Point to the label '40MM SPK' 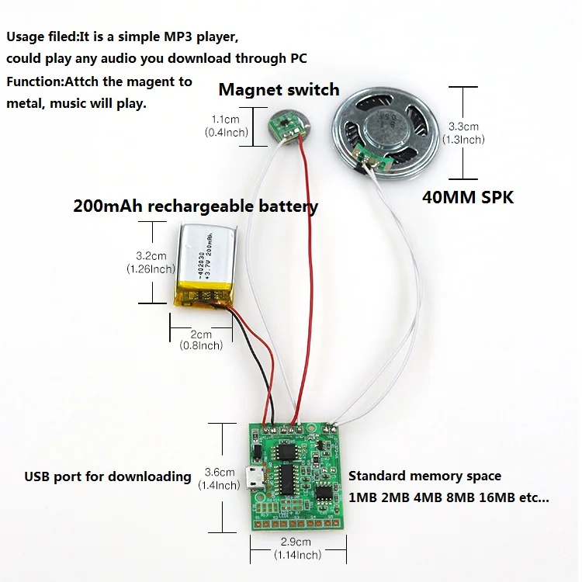[x=468, y=197]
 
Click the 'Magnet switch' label [x=279, y=89]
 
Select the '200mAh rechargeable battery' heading [x=196, y=206]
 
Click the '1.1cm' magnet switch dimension [x=225, y=120]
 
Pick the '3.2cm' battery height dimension [x=151, y=255]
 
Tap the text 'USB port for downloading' [x=107, y=476]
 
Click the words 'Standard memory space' [x=424, y=476]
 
